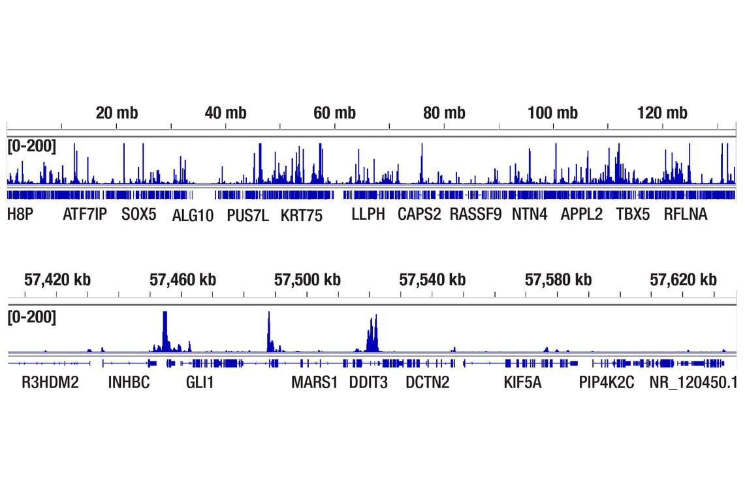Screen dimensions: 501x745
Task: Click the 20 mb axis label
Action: [117, 113]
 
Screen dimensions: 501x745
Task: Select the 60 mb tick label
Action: [334, 113]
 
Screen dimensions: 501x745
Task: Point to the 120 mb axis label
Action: [662, 113]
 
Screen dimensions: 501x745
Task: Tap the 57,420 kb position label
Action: [57, 280]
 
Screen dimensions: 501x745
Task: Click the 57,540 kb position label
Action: [432, 280]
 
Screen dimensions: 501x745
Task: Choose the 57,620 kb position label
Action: [683, 280]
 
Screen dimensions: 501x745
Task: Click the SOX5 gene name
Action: [139, 215]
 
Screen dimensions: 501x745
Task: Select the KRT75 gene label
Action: [302, 215]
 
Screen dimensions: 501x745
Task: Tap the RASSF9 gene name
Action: [475, 215]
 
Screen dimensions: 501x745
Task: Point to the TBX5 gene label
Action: [633, 215]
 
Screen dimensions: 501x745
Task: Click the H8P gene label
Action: [20, 215]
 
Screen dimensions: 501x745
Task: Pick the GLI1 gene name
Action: [200, 382]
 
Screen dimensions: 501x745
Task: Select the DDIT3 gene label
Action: [368, 382]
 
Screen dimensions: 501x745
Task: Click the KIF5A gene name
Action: [522, 382]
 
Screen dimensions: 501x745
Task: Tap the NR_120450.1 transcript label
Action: [693, 382]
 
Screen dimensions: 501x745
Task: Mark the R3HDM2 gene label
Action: [50, 382]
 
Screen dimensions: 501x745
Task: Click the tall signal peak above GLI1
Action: [165, 329]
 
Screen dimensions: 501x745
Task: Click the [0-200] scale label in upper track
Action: [32, 146]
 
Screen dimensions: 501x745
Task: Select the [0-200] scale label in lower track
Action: [32, 318]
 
